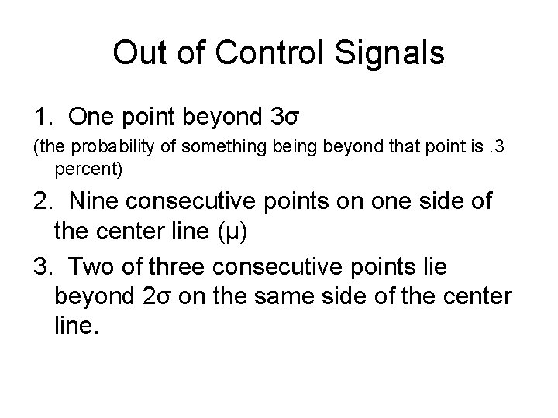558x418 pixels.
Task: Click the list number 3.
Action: coord(41,266)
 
